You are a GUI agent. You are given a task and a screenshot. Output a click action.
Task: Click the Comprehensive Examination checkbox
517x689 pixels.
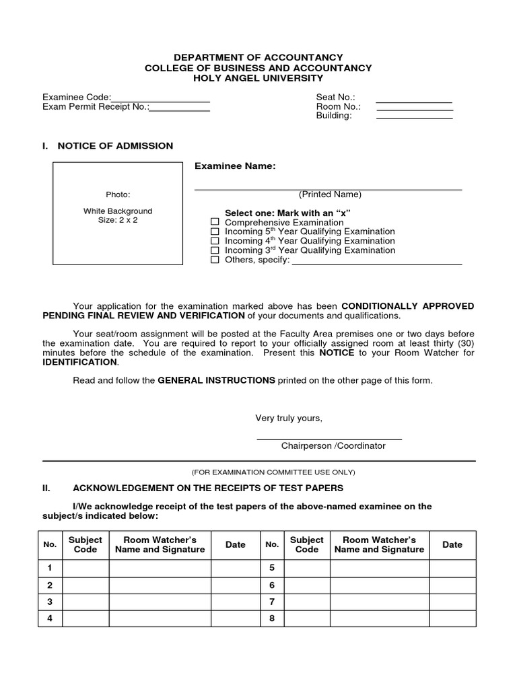coord(215,222)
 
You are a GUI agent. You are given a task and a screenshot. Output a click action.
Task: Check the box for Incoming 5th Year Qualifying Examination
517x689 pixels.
coord(215,231)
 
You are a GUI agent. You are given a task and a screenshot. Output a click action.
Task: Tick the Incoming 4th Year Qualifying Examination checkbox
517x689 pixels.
coord(215,241)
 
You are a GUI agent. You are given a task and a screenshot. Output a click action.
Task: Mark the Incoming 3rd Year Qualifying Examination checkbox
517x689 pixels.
coord(215,250)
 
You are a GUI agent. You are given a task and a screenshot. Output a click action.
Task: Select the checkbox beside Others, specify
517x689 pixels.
coord(215,260)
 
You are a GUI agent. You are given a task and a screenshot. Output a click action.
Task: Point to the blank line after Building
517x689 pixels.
coord(414,118)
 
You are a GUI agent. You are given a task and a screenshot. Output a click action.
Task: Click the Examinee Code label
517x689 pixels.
coord(76,98)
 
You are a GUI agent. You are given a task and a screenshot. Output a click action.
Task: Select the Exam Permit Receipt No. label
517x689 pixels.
coord(96,106)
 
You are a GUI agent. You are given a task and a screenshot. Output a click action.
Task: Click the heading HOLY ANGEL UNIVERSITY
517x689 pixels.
coord(258,78)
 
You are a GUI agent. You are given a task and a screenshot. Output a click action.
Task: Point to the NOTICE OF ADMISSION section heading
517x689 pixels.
coord(115,145)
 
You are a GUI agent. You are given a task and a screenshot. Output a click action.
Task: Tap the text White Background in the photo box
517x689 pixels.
coord(118,211)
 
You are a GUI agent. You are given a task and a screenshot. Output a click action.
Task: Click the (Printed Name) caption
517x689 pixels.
coord(331,194)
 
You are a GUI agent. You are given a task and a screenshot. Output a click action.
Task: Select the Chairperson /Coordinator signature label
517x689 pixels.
coord(333,445)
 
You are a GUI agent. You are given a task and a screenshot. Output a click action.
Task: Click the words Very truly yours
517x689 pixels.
coord(289,419)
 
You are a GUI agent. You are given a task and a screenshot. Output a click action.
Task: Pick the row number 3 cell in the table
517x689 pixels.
coord(50,601)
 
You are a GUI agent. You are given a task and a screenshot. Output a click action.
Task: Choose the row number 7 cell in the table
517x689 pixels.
coord(272,601)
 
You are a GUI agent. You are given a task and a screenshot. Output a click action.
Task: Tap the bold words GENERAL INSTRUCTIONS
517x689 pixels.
coord(216,380)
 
